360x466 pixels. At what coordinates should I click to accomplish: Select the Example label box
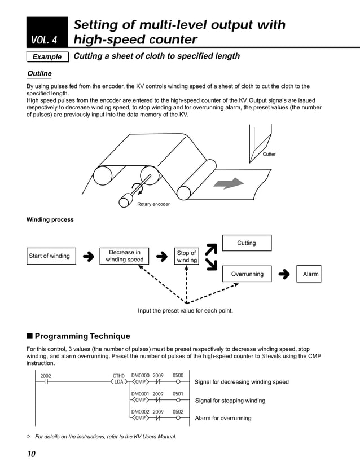[47, 56]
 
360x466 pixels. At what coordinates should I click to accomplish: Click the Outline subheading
[39, 74]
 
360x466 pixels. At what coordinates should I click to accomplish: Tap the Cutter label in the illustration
[269, 154]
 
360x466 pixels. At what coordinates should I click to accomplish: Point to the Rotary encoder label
[153, 204]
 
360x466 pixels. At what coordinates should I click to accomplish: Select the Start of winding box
[50, 256]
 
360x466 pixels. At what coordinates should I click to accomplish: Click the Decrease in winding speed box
[121, 256]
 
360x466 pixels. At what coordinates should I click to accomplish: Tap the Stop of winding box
[186, 257]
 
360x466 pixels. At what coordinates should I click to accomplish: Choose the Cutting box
[246, 243]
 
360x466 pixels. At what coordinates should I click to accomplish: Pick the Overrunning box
[247, 274]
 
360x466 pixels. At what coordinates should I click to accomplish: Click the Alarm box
[310, 274]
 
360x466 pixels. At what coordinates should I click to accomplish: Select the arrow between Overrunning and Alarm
[285, 275]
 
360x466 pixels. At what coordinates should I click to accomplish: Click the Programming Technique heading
[78, 336]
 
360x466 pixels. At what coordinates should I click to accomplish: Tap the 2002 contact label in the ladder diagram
[46, 375]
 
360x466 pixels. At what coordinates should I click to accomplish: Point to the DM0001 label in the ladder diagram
[140, 394]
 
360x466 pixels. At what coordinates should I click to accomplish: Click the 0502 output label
[178, 412]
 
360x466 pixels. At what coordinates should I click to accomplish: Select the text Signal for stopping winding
[230, 401]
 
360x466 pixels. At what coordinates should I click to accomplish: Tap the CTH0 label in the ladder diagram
[118, 375]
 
